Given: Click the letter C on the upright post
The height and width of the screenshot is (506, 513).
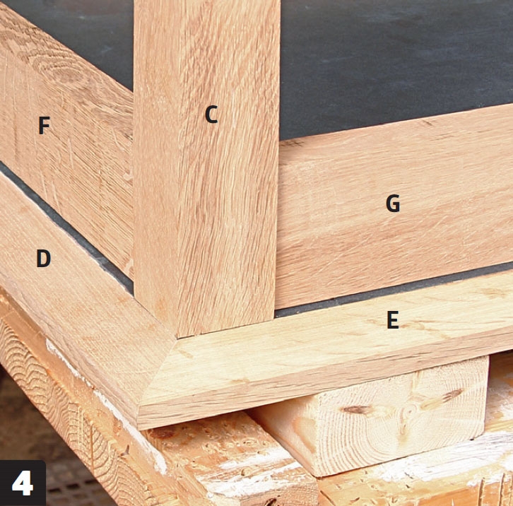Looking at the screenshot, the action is click(211, 114).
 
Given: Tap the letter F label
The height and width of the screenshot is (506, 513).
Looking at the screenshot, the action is click(44, 125).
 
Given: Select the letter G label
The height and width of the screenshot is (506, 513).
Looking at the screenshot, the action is click(393, 204).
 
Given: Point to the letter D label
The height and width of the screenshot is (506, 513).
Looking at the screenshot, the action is click(44, 258).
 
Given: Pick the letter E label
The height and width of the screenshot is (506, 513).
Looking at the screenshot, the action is click(393, 319).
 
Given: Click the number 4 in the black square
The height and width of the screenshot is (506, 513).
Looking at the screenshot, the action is click(22, 483).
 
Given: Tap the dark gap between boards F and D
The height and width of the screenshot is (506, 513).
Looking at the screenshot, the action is click(66, 226).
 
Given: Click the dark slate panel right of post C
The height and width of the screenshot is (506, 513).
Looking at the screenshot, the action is click(393, 59).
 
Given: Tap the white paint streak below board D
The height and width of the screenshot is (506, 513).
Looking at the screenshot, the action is click(108, 403).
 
